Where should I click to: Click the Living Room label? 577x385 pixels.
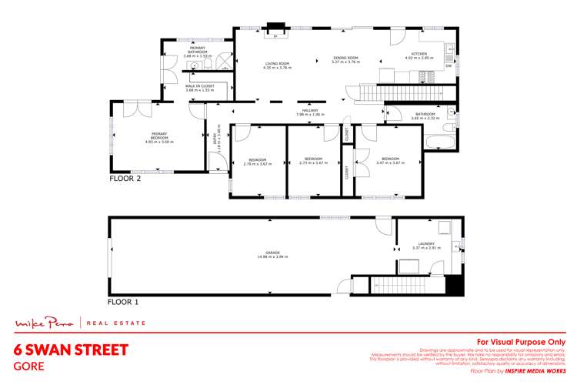pyautogui.click(x=275, y=65)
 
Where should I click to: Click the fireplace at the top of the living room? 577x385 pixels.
pyautogui.click(x=275, y=32)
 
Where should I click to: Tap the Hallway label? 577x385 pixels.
pyautogui.click(x=310, y=112)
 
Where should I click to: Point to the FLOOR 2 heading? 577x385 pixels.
pyautogui.click(x=125, y=177)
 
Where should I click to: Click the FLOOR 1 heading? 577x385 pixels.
pyautogui.click(x=125, y=301)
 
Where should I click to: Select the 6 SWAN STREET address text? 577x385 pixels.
pyautogui.click(x=71, y=350)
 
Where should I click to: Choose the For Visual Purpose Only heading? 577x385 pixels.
pyautogui.click(x=522, y=341)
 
